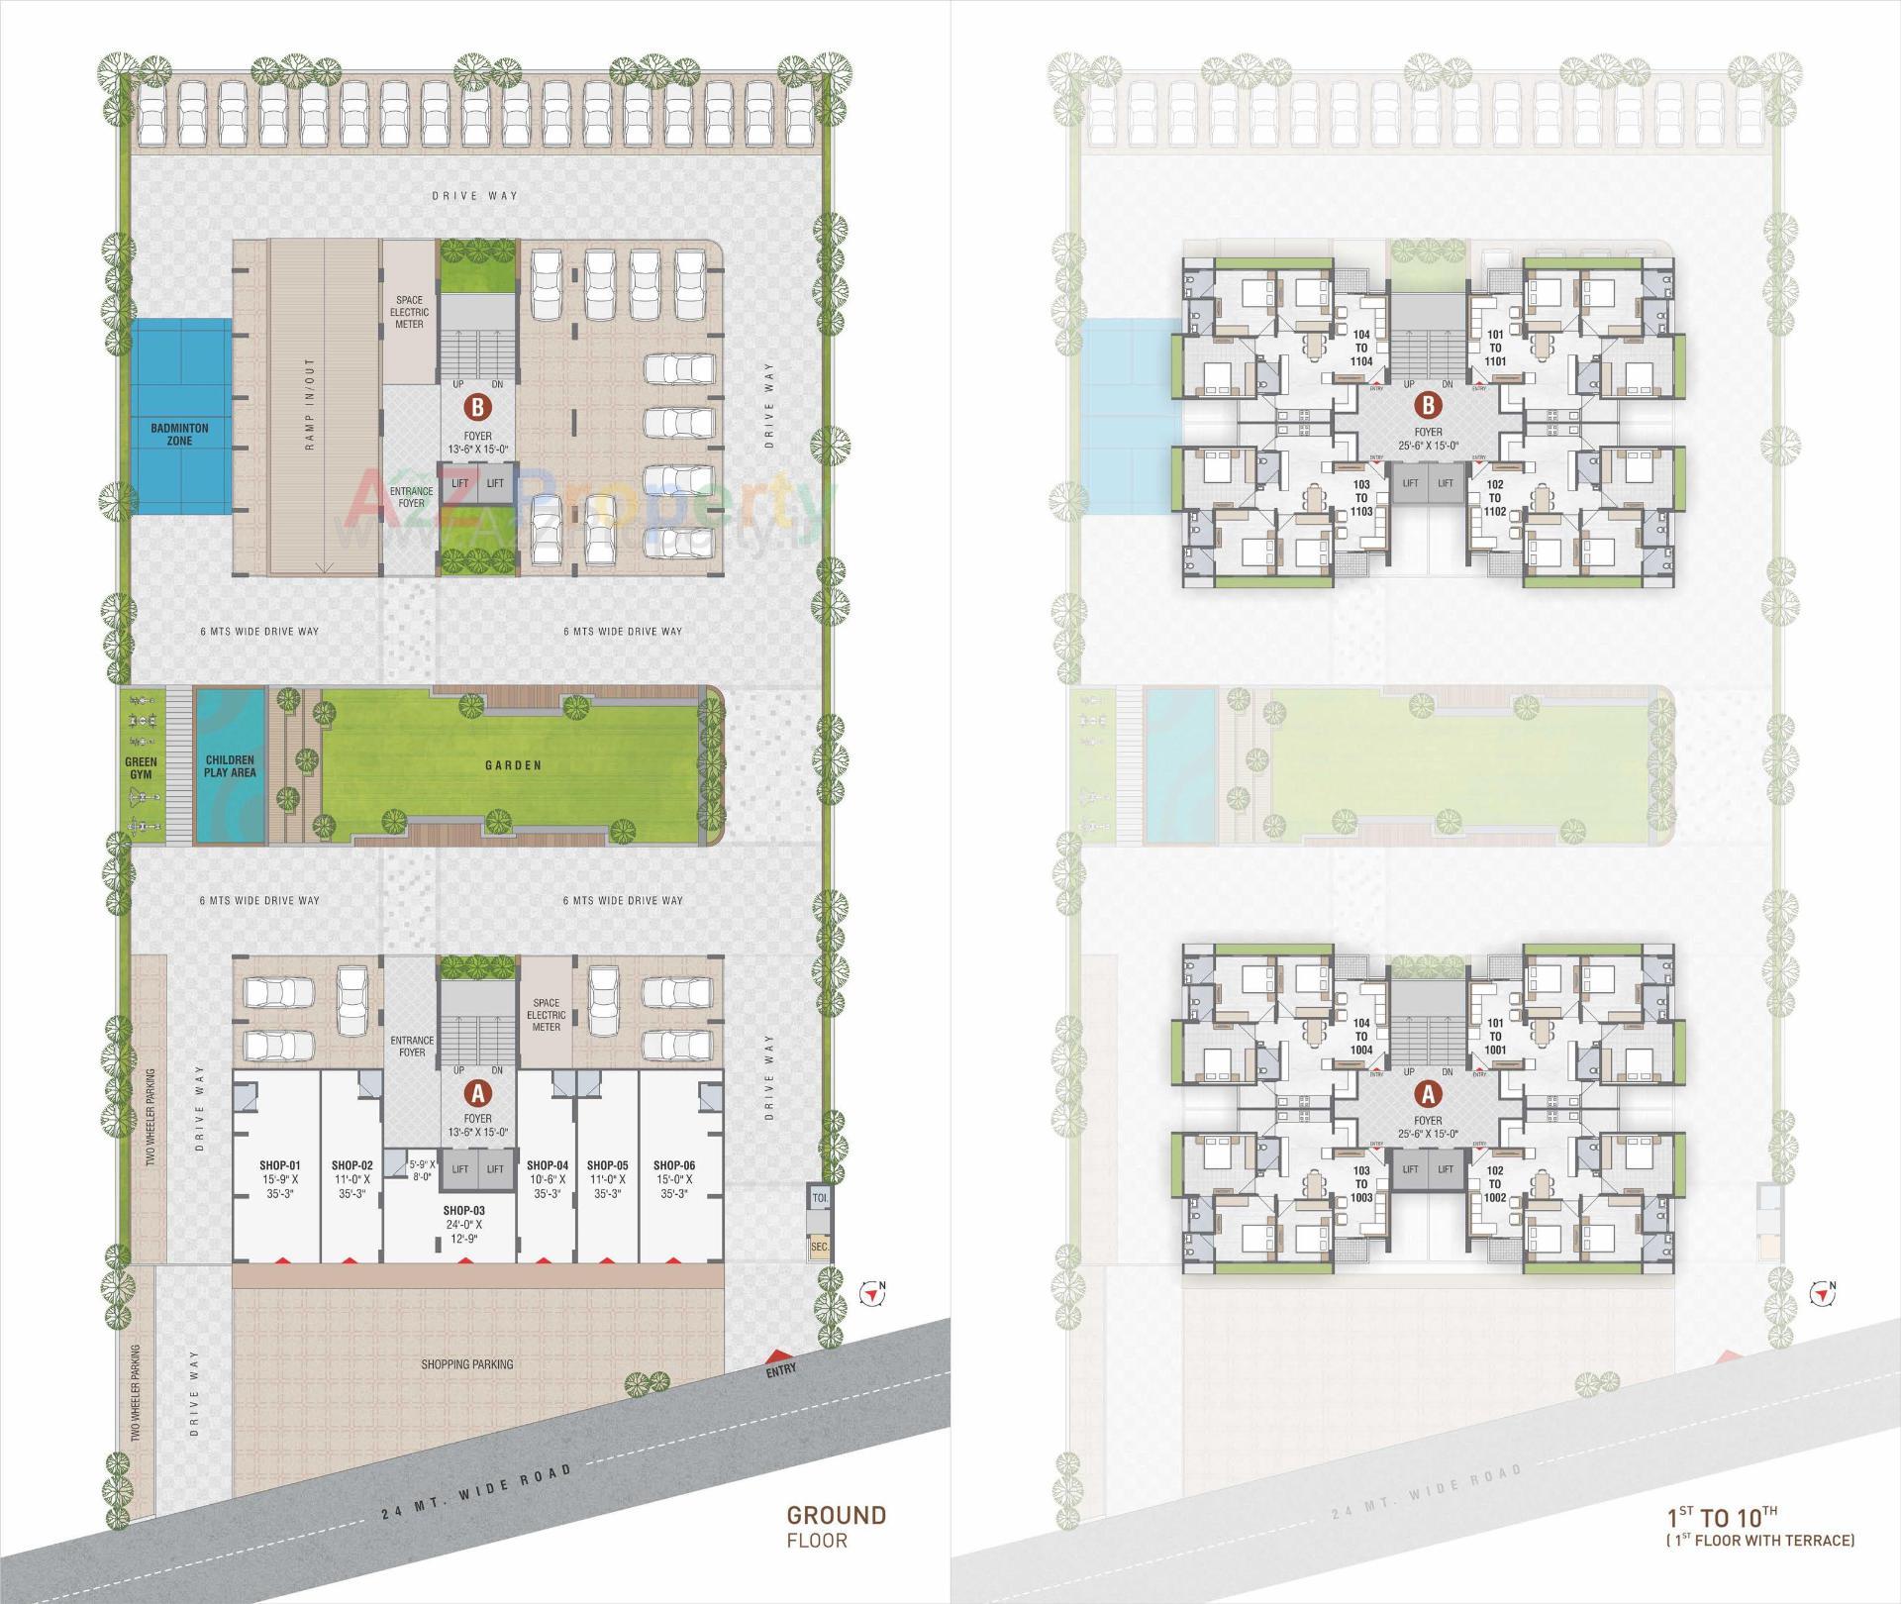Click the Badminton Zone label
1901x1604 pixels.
(x=179, y=434)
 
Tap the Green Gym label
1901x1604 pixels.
(x=142, y=769)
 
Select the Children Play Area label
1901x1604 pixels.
(x=230, y=766)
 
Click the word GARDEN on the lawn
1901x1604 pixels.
(x=513, y=765)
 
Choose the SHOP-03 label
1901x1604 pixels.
(x=463, y=1210)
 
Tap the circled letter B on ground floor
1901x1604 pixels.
(x=477, y=407)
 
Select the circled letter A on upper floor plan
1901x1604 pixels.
(x=1428, y=1094)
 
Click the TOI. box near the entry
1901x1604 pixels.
(x=819, y=1197)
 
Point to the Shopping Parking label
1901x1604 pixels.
(x=466, y=1364)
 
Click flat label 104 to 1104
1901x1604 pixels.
(x=1361, y=349)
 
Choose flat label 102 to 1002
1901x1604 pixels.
(x=1495, y=1184)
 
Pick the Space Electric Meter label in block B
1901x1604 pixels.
(x=409, y=312)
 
